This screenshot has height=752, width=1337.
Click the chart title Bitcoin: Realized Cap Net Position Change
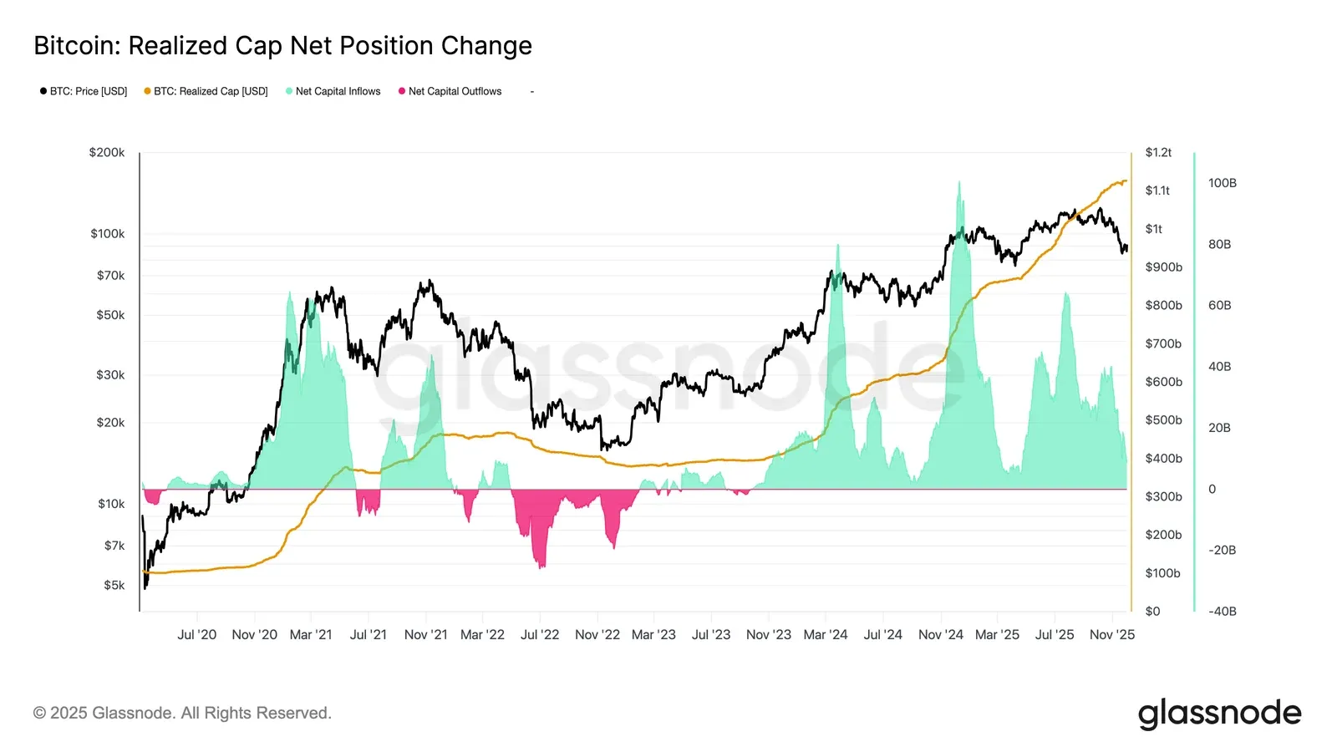pos(282,45)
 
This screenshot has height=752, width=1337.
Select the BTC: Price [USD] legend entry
pos(84,91)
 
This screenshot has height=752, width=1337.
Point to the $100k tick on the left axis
pos(108,234)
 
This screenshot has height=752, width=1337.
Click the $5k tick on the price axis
pos(114,585)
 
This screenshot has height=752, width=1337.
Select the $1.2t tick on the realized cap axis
pos(1158,152)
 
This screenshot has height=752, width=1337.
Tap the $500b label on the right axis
pos(1163,420)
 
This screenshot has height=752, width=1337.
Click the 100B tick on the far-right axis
pos(1222,183)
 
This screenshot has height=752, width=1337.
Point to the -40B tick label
pos(1222,611)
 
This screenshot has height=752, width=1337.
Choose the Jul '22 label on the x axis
pos(540,635)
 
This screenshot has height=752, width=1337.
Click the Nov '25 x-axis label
pos(1111,635)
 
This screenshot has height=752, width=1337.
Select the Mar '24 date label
pos(825,635)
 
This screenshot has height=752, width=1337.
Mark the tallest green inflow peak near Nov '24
pos(958,183)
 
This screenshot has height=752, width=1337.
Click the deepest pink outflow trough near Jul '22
pos(541,567)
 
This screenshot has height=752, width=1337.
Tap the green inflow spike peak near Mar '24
pos(836,246)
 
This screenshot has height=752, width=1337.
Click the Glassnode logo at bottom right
pos(1219,714)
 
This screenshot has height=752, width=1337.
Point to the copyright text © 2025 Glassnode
pos(182,713)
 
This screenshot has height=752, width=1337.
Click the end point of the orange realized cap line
pos(1126,180)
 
